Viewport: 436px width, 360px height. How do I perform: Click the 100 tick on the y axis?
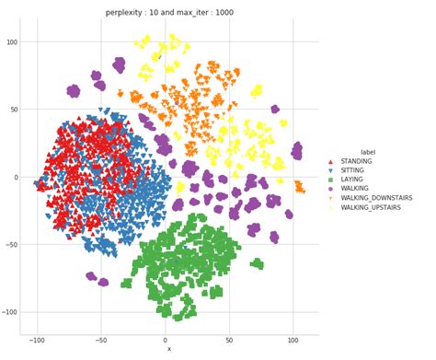[x=13, y=42]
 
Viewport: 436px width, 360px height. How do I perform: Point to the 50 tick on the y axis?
[x=15, y=110]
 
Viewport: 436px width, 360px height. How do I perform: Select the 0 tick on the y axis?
[x=17, y=178]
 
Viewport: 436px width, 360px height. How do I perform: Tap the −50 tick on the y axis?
[x=13, y=245]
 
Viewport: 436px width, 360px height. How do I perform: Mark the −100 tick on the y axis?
[x=11, y=312]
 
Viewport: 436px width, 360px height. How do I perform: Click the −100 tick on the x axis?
[x=37, y=341]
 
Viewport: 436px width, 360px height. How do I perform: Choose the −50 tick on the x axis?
[x=101, y=341]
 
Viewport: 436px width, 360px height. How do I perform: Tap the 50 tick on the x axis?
[x=231, y=341]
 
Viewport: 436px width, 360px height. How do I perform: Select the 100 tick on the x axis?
[x=294, y=341]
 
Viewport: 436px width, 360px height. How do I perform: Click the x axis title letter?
[x=168, y=350]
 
